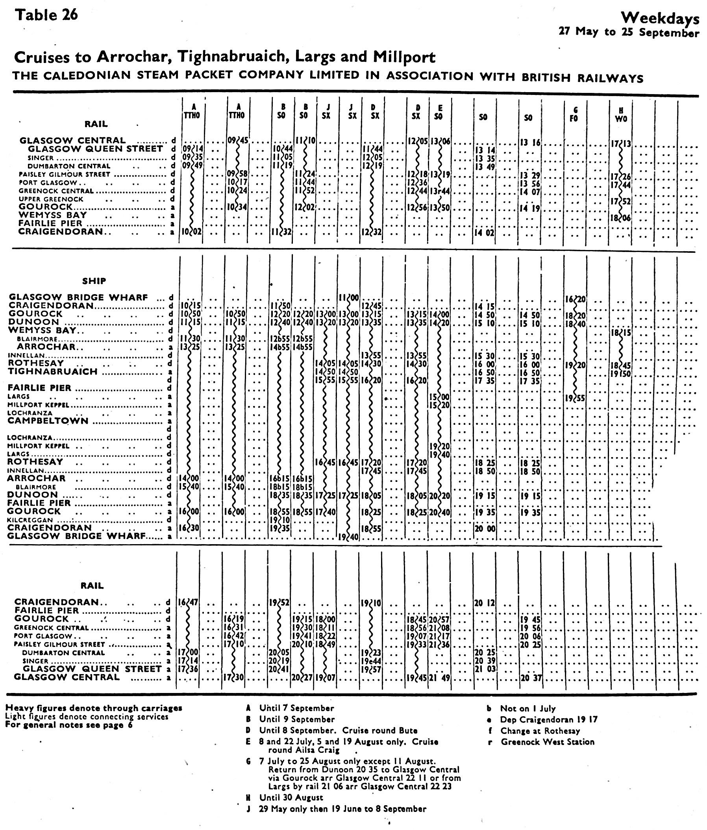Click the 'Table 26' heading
click(x=46, y=15)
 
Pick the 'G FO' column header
click(x=574, y=113)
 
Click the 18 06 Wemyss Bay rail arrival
click(x=620, y=218)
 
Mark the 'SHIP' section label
click(x=94, y=281)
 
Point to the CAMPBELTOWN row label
click(x=48, y=421)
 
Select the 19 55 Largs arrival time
click(x=574, y=398)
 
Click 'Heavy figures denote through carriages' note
click(x=94, y=708)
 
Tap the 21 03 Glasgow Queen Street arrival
click(x=485, y=669)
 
